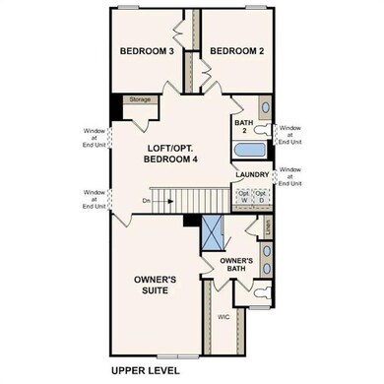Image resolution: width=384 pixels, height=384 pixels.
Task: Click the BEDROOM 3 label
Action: click(x=148, y=52)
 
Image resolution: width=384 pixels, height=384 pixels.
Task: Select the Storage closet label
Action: click(x=141, y=99)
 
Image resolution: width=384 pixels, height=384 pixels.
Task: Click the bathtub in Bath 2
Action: click(x=251, y=152)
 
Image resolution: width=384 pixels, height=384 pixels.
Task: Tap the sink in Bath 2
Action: click(x=264, y=108)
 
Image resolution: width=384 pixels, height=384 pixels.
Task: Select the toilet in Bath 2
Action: click(x=264, y=131)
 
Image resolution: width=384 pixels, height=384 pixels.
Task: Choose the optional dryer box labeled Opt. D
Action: click(x=262, y=195)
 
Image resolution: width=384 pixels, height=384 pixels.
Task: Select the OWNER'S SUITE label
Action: click(x=156, y=286)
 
